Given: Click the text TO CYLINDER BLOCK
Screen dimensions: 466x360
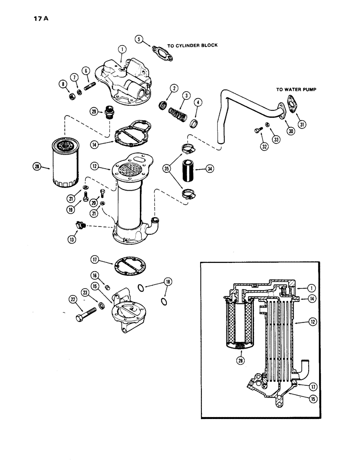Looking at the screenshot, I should pos(193,46).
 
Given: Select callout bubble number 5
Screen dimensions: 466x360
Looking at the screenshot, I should pos(138,39).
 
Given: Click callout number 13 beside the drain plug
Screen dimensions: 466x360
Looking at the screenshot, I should pos(73,226).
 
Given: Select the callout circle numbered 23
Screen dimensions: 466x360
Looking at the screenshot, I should pos(85,292).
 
